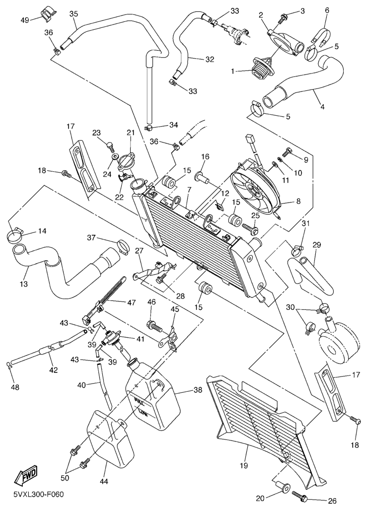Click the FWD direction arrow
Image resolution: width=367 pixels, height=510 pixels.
26,474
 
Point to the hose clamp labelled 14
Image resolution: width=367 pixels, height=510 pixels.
14,236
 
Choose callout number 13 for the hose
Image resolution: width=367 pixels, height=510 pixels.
24,284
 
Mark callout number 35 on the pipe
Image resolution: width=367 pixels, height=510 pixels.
74,14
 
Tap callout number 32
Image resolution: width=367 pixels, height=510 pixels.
210,60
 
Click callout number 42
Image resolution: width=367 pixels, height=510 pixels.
54,370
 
